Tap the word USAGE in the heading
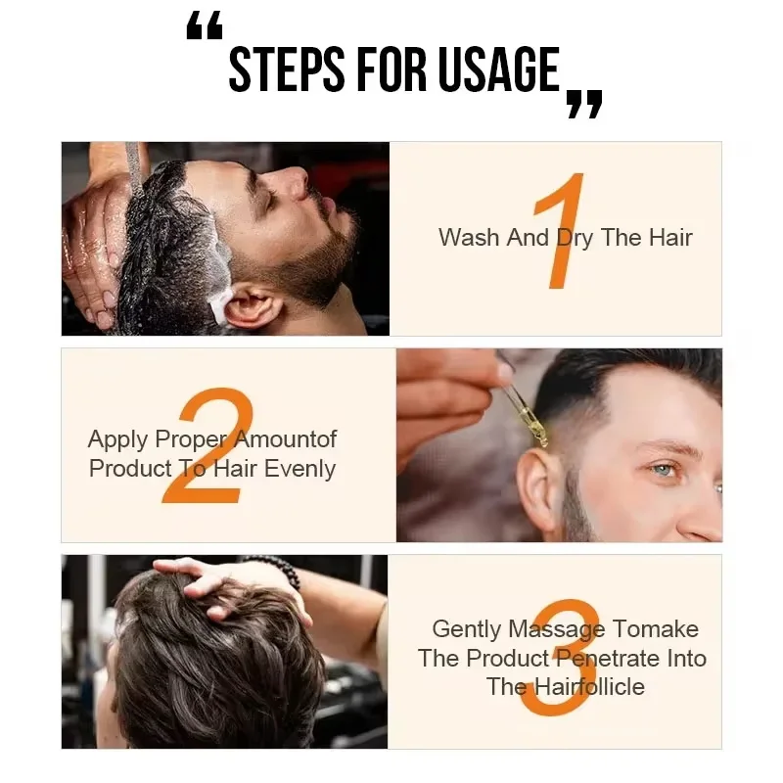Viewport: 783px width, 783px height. [497, 70]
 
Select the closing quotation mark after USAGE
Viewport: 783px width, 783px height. [584, 102]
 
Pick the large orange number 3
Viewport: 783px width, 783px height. [560, 658]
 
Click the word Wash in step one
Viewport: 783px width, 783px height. [469, 237]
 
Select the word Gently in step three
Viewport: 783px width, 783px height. [466, 629]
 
